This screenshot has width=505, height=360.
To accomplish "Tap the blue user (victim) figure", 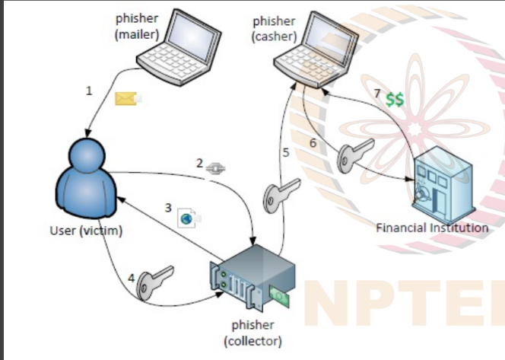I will (84, 180).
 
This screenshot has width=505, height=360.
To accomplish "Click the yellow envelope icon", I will (125, 97).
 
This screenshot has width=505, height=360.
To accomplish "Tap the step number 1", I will (89, 91).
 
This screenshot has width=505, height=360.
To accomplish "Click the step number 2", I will (199, 163).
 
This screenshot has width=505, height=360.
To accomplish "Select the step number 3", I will (169, 206).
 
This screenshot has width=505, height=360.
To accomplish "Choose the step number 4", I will (132, 278).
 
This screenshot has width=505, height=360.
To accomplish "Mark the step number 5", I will (286, 152).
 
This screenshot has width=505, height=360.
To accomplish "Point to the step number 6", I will (312, 142).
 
